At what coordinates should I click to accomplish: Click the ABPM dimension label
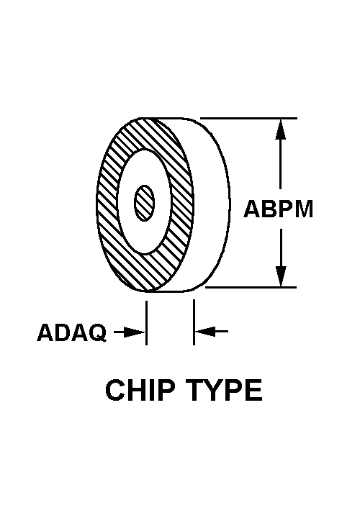[279, 209]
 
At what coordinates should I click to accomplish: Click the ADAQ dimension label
[72, 332]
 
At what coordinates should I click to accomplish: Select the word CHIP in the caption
[140, 390]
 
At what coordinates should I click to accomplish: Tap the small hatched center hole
[145, 203]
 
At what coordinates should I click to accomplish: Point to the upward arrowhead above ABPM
[281, 129]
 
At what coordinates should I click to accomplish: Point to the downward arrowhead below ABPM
[281, 276]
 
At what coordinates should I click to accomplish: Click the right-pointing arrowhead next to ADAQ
[134, 332]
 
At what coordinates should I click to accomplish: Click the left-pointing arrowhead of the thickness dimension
[206, 331]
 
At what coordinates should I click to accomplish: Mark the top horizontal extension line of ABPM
[248, 118]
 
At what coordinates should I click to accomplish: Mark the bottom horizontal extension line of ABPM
[251, 287]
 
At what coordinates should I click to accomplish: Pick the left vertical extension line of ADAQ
[146, 323]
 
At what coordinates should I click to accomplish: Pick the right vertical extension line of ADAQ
[194, 322]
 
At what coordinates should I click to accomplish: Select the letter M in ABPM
[303, 209]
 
